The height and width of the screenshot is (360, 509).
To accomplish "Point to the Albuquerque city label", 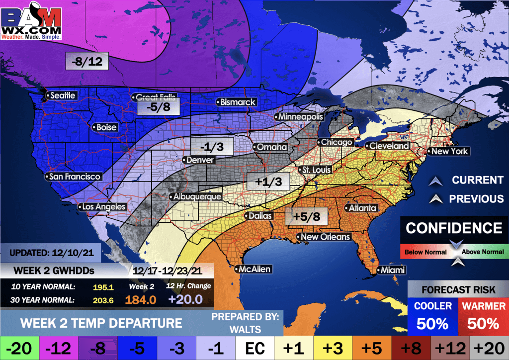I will click(x=196, y=197).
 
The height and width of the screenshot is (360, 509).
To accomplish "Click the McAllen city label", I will click(x=254, y=269).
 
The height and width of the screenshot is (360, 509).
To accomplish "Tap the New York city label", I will click(x=449, y=151).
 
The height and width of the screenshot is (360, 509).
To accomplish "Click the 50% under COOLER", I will click(x=432, y=324).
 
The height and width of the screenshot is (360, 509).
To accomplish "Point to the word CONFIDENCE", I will click(x=454, y=228).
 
